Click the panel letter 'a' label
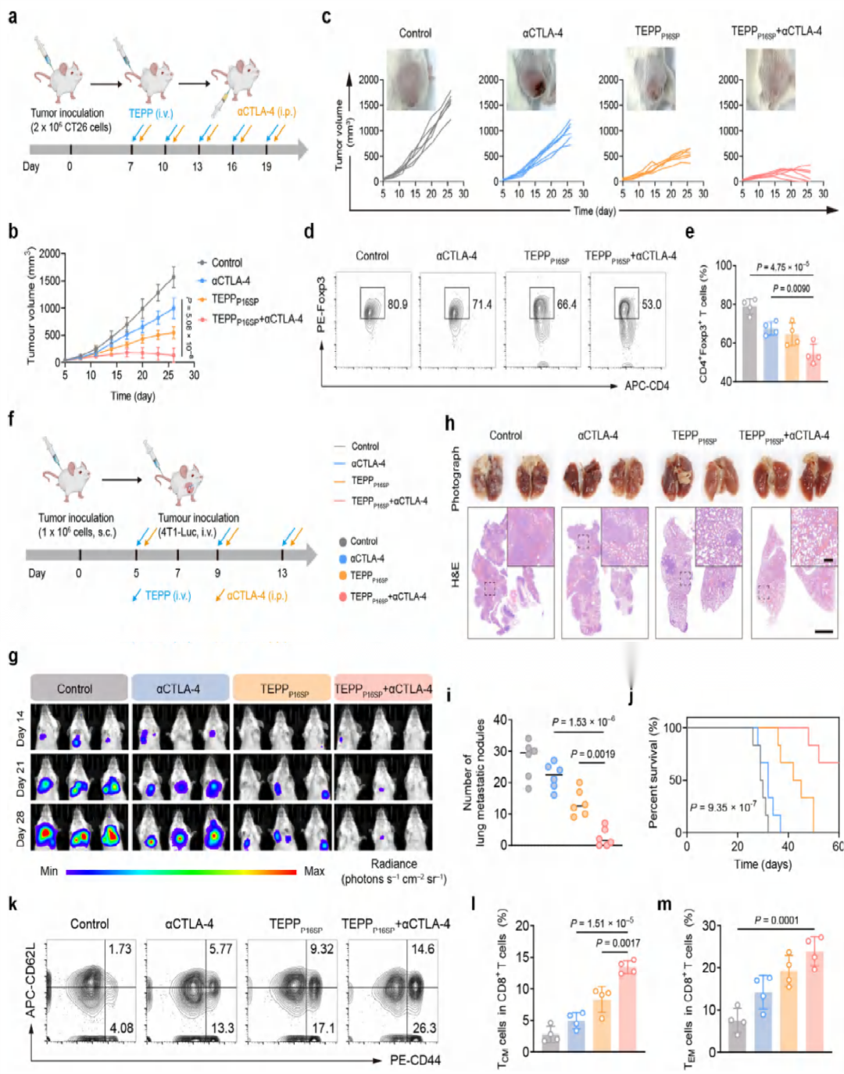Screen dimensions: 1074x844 pyautogui.click(x=13, y=16)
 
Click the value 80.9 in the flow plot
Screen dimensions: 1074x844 pyautogui.click(x=397, y=304)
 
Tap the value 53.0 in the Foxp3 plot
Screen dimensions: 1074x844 pyautogui.click(x=651, y=304)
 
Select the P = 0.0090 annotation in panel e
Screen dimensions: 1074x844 pyautogui.click(x=791, y=288)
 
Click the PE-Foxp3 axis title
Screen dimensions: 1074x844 pyautogui.click(x=321, y=304)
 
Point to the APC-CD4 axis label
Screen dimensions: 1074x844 pyautogui.click(x=646, y=385)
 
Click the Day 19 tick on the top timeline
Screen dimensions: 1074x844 pyautogui.click(x=266, y=166)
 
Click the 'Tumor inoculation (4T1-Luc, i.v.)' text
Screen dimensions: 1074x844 pyautogui.click(x=198, y=524)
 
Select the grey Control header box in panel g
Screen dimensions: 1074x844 pyautogui.click(x=78, y=688)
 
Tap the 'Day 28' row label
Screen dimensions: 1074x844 pyautogui.click(x=20, y=828)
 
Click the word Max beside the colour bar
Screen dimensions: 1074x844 pyautogui.click(x=314, y=871)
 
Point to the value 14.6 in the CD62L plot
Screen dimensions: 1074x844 pyautogui.click(x=423, y=949)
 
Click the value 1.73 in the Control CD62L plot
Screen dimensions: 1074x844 pyautogui.click(x=120, y=949)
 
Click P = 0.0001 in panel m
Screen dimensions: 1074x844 pyautogui.click(x=776, y=920)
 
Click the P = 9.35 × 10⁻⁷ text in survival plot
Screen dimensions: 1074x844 pyautogui.click(x=723, y=807)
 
